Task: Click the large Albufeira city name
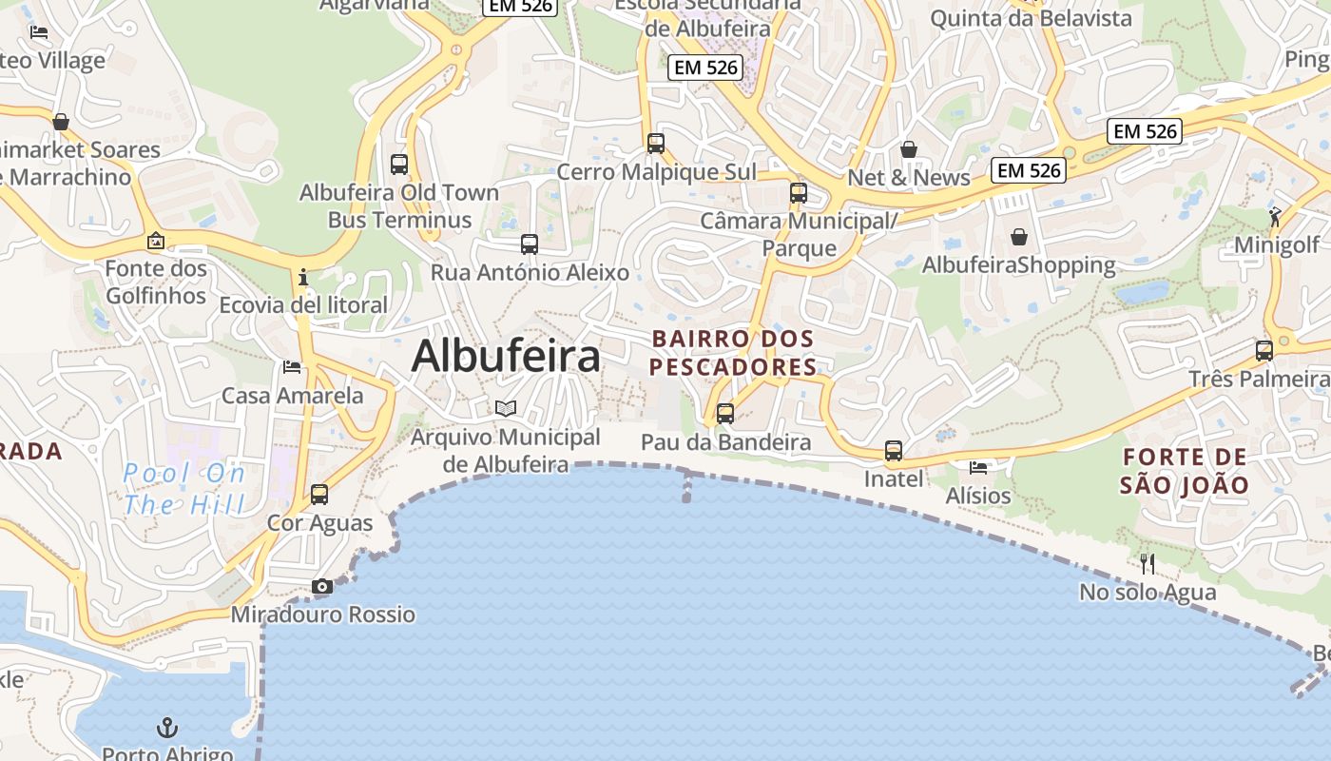pyautogui.click(x=506, y=357)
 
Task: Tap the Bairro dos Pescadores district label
pyautogui.click(x=733, y=353)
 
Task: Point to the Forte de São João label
pyautogui.click(x=1184, y=471)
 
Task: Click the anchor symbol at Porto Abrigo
pyautogui.click(x=167, y=729)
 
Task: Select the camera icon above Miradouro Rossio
pyautogui.click(x=322, y=586)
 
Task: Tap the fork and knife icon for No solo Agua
pyautogui.click(x=1148, y=564)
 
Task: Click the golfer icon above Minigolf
pyautogui.click(x=1275, y=217)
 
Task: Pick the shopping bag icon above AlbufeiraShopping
pyautogui.click(x=1019, y=236)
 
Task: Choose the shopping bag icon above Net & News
pyautogui.click(x=909, y=149)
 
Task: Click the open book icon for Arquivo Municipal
pyautogui.click(x=506, y=409)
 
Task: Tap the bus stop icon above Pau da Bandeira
pyautogui.click(x=725, y=414)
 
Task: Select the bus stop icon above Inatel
pyautogui.click(x=894, y=451)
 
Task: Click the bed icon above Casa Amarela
pyautogui.click(x=292, y=367)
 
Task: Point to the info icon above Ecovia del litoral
pyautogui.click(x=303, y=278)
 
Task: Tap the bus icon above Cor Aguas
pyautogui.click(x=319, y=495)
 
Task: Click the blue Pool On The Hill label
pyautogui.click(x=184, y=488)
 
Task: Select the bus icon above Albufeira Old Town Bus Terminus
pyautogui.click(x=399, y=164)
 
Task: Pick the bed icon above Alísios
pyautogui.click(x=978, y=467)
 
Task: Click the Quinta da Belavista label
pyautogui.click(x=1031, y=18)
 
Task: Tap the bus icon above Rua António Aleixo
pyautogui.click(x=530, y=244)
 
